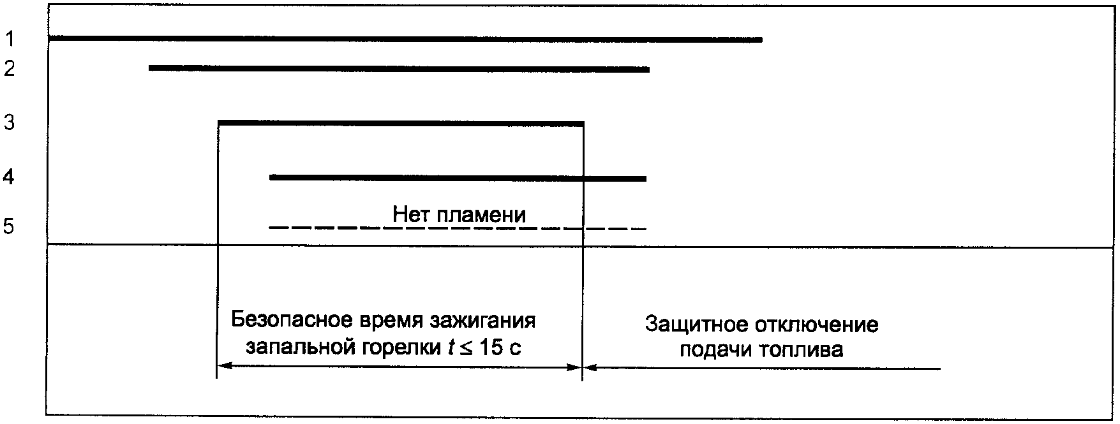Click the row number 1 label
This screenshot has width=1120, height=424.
10,40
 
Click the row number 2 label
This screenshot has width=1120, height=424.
10,68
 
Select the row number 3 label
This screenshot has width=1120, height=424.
10,122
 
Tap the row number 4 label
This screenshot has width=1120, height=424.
8,177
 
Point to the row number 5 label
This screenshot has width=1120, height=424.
8,226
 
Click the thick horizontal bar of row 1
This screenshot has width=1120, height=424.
405,39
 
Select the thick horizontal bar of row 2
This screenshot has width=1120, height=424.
399,68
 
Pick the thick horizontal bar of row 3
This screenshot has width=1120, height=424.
401,122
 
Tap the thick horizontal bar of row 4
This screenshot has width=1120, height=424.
458,177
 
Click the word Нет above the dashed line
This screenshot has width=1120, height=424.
412,214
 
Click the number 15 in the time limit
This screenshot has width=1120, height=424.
495,348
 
